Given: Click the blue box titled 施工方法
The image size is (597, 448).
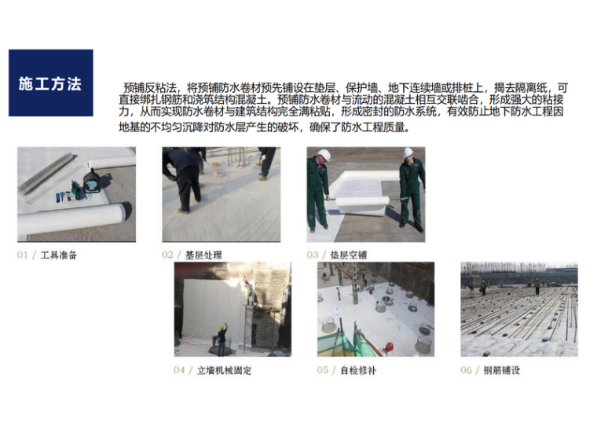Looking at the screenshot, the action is [50, 83].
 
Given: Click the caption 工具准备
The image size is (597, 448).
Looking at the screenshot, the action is [59, 255].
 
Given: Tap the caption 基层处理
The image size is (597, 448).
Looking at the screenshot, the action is [203, 255].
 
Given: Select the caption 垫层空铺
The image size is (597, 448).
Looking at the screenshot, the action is [348, 255].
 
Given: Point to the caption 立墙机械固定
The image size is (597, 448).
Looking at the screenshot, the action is [224, 370].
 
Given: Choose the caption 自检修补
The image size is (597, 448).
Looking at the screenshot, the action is [358, 370].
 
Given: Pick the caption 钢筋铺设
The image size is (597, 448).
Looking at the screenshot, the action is [501, 370].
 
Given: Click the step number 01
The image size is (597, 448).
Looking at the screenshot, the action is [23, 255].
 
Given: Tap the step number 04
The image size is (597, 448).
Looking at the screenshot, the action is [179, 370].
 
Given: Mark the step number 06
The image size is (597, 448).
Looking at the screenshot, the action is [466, 370].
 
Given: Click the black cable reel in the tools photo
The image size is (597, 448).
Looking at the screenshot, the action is [92, 181].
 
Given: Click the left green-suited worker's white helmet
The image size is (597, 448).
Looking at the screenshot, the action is [324, 155].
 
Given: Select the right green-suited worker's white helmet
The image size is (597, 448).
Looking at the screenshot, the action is [408, 152].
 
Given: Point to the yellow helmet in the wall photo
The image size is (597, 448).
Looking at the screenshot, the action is [221, 327].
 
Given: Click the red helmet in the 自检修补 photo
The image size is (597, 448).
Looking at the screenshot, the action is [390, 347].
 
